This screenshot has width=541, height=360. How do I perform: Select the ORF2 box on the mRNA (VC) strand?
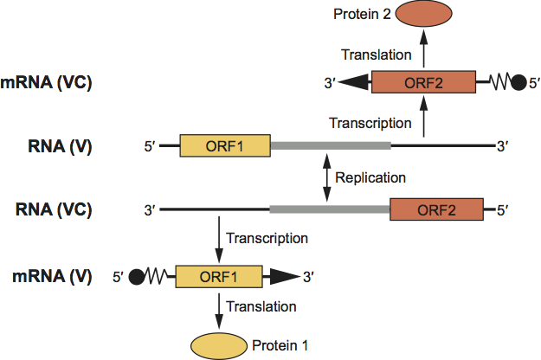tap(423, 84)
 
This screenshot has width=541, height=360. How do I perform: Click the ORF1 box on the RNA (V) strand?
tap(225, 146)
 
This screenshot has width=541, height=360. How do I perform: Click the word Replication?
tap(370, 177)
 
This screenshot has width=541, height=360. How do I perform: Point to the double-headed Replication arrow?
tap(326, 177)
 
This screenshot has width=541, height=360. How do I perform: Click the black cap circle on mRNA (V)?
tap(136, 277)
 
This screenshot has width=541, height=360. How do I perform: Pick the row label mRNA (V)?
tap(60, 277)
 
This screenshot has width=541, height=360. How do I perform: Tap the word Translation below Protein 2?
tap(376, 55)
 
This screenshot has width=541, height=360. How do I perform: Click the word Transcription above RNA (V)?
tap(370, 122)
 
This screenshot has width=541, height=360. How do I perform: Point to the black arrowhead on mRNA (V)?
tap(282, 277)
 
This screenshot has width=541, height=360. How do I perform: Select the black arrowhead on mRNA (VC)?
tap(354, 84)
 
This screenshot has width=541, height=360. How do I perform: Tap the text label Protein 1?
tap(280, 345)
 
